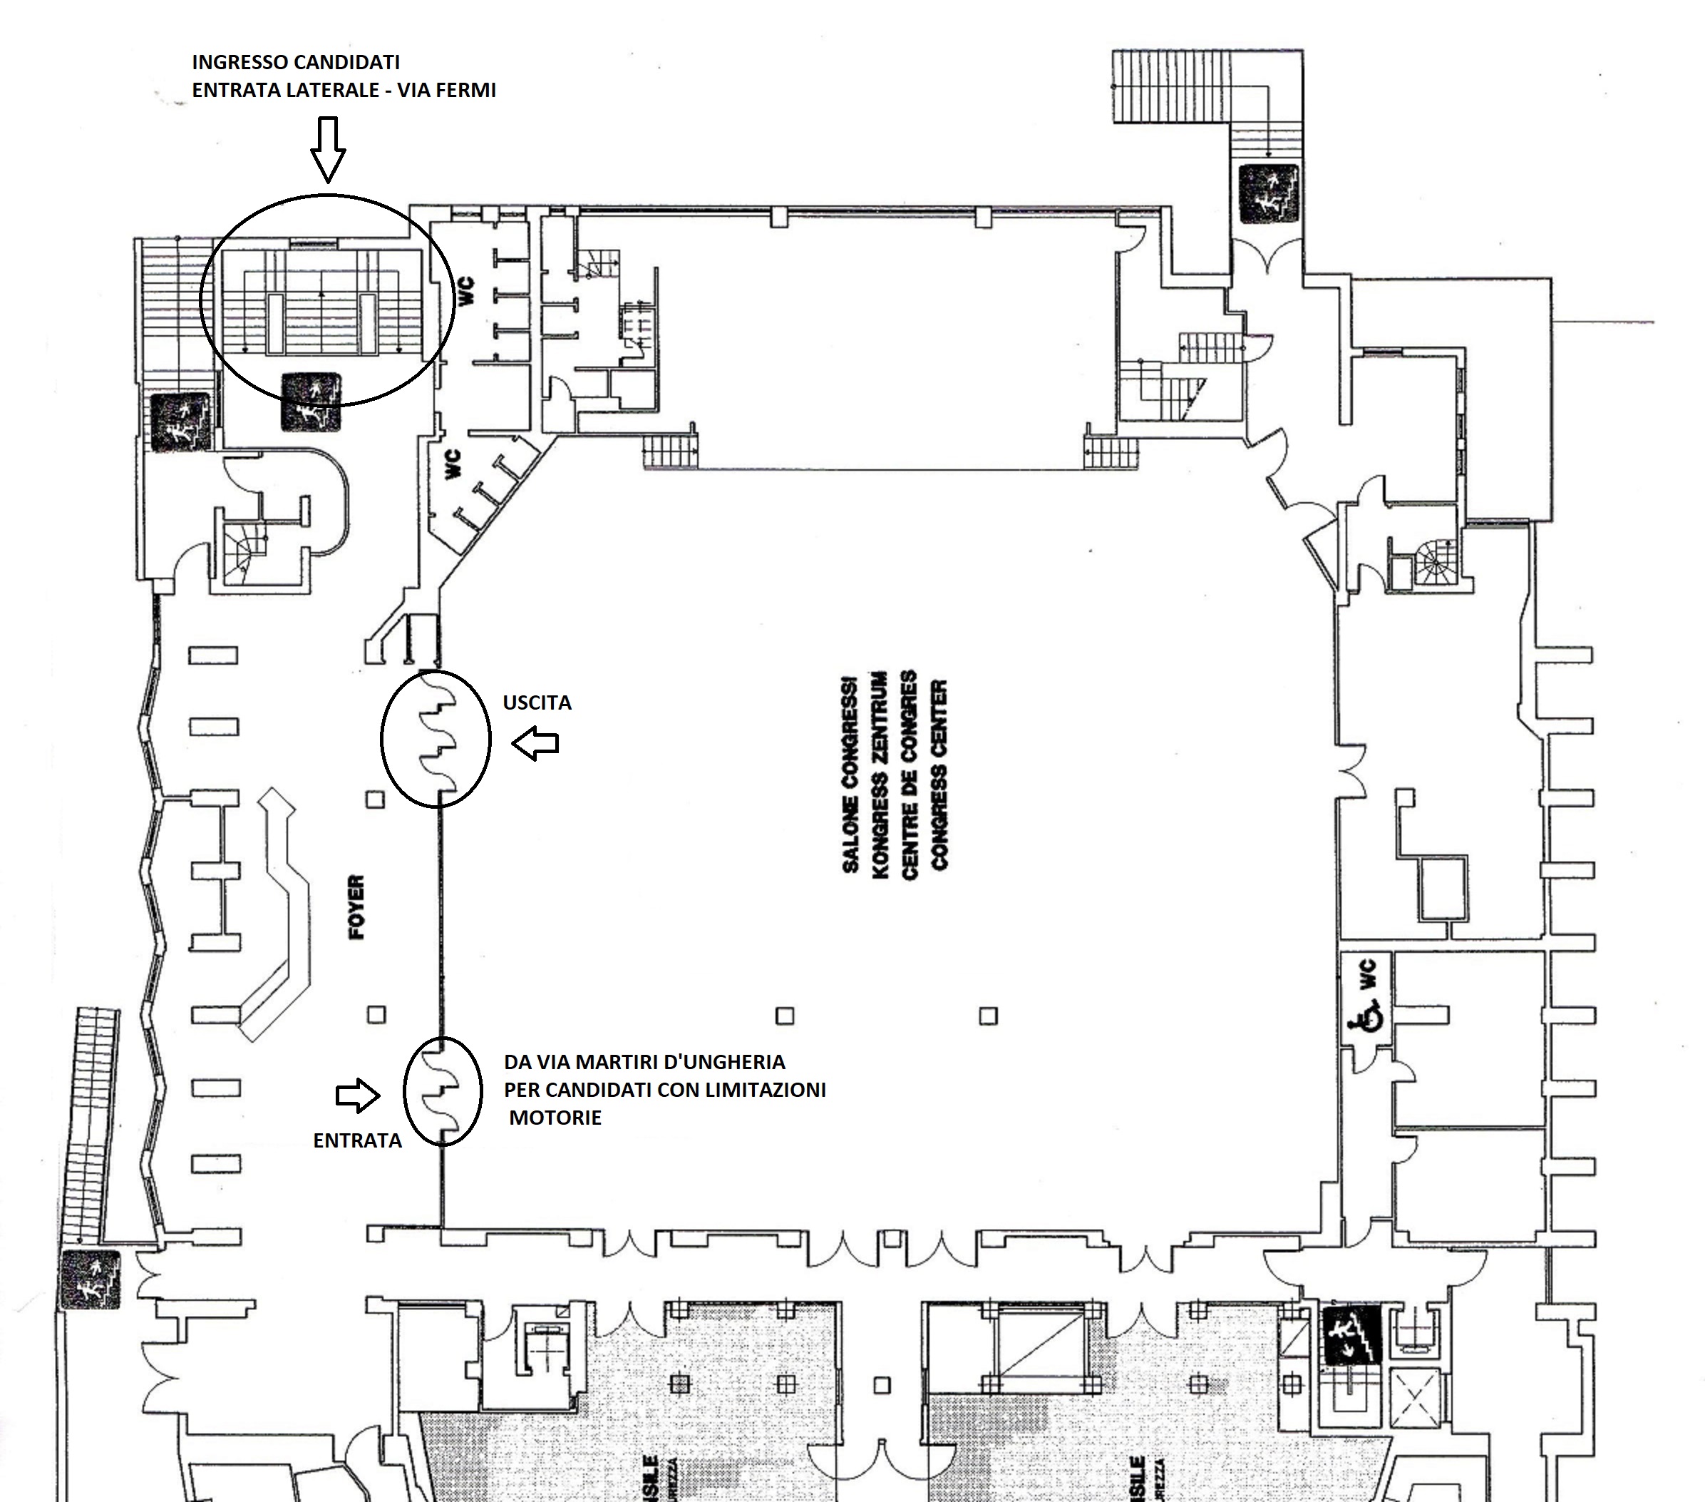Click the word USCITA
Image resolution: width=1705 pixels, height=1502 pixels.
[536, 703]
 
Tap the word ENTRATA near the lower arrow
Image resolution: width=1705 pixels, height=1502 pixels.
[357, 1140]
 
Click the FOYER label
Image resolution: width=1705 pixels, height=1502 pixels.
[356, 907]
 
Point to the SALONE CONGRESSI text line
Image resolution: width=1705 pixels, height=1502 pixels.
[850, 772]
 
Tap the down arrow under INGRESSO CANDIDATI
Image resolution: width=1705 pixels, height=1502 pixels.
[328, 148]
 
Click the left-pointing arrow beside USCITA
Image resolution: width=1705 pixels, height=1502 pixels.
[535, 742]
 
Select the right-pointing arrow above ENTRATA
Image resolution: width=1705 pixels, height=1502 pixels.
[358, 1095]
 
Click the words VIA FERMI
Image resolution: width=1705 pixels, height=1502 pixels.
[446, 90]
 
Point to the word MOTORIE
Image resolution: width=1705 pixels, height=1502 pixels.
[555, 1118]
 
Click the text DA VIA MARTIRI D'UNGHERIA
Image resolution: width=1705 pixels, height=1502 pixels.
[644, 1062]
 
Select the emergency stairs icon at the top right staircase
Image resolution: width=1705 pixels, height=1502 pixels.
[1268, 193]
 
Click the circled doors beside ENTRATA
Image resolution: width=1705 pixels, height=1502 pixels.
[442, 1090]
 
